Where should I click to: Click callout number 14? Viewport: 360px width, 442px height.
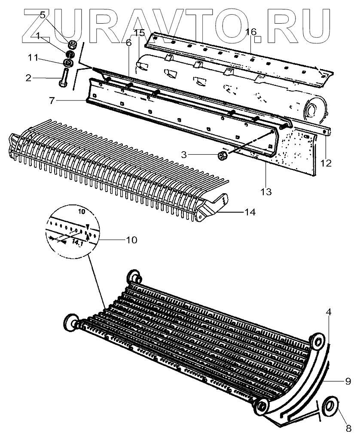pos(250,212)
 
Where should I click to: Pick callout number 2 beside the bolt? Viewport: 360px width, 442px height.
pos(28,78)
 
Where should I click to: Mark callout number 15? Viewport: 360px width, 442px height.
pos(139,33)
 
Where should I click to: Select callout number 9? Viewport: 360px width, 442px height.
pos(348,381)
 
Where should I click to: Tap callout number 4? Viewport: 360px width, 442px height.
pos(328,313)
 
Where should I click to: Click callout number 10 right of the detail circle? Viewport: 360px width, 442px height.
pos(131,240)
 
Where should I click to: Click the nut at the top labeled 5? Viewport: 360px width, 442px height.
pos(72,44)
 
